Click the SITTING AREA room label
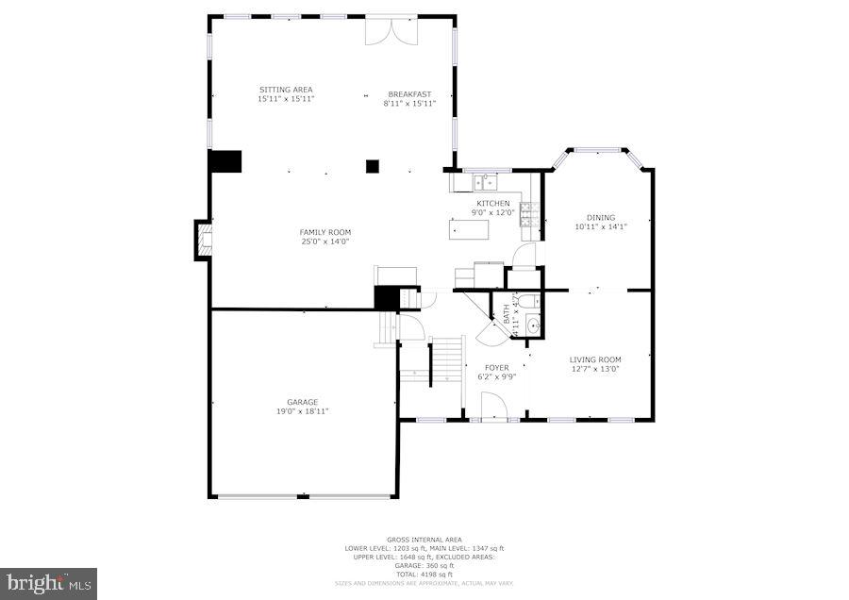(286, 90)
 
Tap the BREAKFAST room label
(409, 93)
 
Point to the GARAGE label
(303, 402)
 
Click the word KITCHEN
(492, 204)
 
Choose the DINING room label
(601, 217)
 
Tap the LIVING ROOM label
(595, 359)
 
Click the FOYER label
(497, 368)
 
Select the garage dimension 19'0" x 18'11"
(303, 411)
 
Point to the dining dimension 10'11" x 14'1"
(601, 226)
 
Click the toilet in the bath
(529, 302)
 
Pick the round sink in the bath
(532, 325)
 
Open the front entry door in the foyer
(493, 408)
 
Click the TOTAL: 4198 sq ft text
(424, 575)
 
